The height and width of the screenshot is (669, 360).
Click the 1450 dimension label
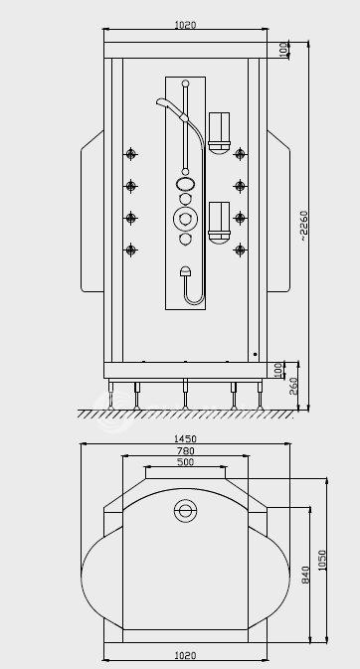[x=185, y=438]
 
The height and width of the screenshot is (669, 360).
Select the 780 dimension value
[x=185, y=450]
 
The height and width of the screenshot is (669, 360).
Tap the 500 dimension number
[x=185, y=461]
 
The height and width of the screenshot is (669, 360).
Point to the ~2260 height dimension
[x=303, y=226]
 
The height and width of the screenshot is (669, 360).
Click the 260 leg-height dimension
[x=293, y=386]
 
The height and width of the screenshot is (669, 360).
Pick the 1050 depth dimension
[x=322, y=560]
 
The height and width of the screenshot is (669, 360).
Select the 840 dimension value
[x=305, y=576]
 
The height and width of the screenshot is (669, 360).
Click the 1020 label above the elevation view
[x=185, y=25]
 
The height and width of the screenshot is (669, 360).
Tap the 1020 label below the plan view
[x=185, y=655]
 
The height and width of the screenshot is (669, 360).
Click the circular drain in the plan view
[x=185, y=510]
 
